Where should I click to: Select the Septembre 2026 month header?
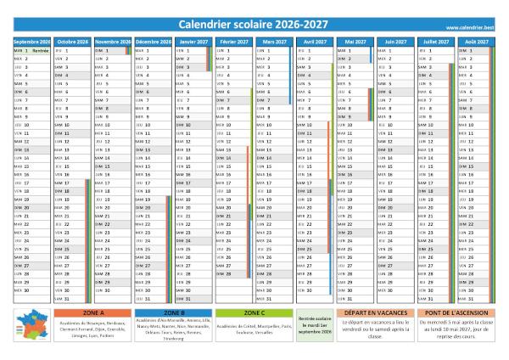32,41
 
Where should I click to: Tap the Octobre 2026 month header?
73,41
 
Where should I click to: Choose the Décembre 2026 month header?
154,41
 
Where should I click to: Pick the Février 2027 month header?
234,41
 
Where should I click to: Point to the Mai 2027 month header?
355,41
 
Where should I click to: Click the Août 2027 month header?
476,41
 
